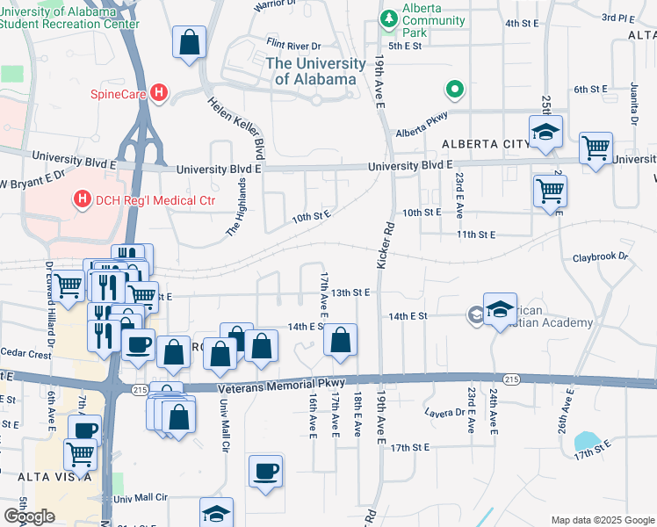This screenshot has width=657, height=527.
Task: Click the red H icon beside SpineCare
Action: point(159,92)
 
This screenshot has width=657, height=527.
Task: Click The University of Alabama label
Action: point(315,71)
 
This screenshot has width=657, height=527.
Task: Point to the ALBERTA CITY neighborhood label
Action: point(480,144)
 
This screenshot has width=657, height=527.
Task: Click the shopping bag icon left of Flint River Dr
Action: point(189,41)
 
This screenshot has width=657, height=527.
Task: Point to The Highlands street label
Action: point(235,206)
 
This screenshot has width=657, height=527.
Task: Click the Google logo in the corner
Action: point(29,516)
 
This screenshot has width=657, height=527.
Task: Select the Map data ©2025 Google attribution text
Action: point(602,520)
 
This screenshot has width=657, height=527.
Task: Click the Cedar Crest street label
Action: point(27,355)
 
